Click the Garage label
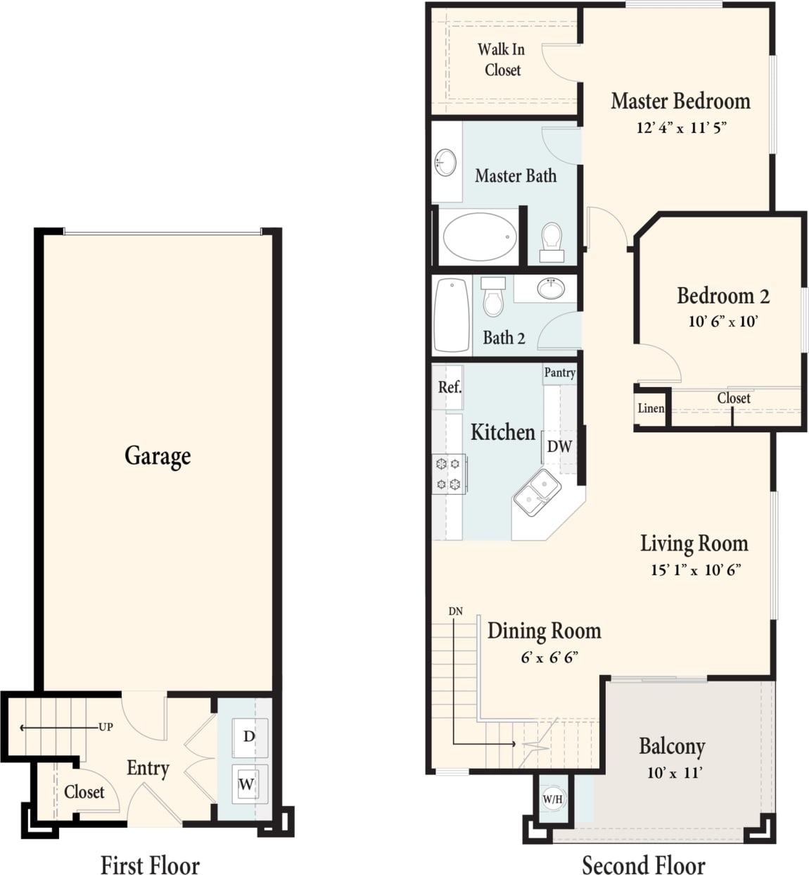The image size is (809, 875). point(158,456)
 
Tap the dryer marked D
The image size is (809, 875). point(249,737)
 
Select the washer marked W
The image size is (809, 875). point(246,783)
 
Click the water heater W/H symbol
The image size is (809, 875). point(553,799)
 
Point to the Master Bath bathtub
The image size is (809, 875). point(480,237)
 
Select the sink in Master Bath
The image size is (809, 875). point(445,163)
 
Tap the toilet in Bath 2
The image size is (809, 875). point(494,297)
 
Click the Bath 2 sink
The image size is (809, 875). point(550,288)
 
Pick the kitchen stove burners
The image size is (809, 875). point(448,474)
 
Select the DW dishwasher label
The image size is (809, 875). point(559,446)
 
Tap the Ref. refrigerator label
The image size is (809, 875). point(450,387)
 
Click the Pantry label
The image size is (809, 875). point(560,372)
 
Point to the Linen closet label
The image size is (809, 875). point(651,408)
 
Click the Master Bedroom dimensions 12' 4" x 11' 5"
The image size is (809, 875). point(681,127)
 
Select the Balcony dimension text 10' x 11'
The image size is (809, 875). point(674,773)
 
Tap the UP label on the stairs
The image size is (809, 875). point(106,727)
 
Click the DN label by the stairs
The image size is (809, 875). point(456,611)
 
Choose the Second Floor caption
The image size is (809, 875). point(643,864)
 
